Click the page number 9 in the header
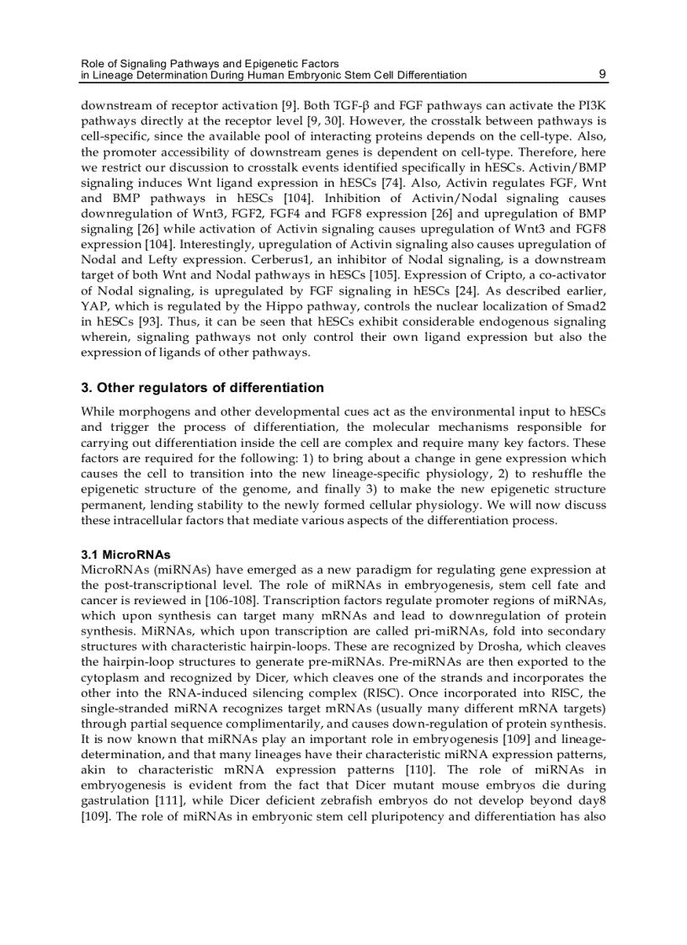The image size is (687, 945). [603, 74]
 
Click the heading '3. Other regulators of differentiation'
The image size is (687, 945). [202, 388]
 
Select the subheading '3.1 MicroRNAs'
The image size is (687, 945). [125, 555]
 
